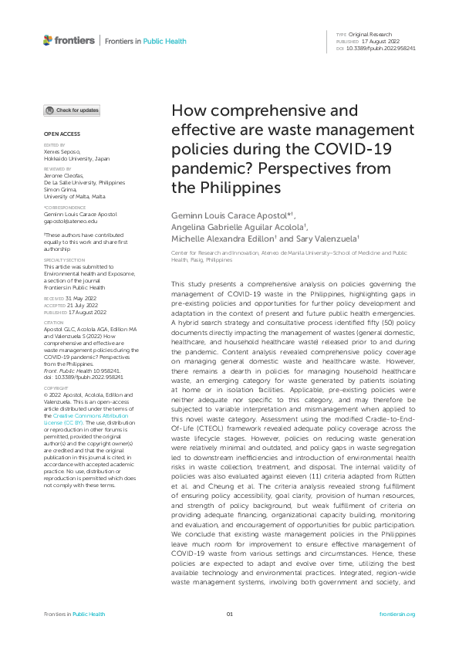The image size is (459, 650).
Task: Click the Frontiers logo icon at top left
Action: [x=48, y=40]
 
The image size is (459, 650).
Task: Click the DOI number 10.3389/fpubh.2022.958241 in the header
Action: [x=382, y=49]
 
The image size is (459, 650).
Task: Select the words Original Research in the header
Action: [x=371, y=35]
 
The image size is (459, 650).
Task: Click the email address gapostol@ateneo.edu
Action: [x=70, y=222]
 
